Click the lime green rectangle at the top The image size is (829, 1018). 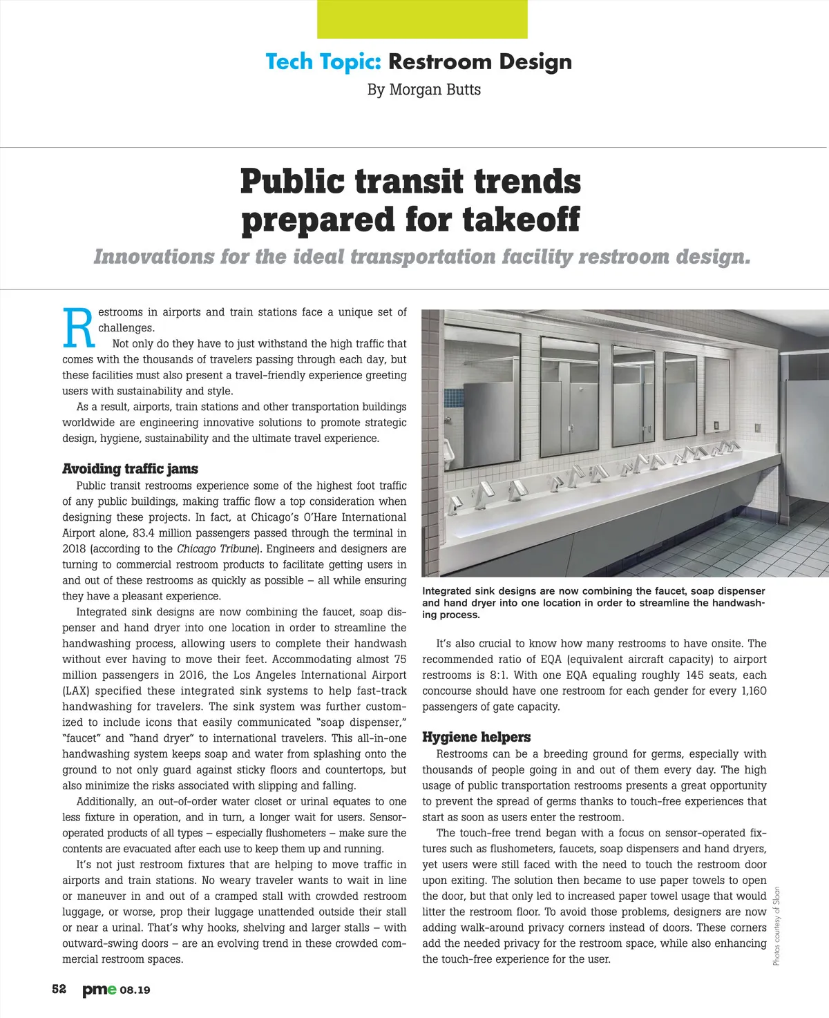pos(422,19)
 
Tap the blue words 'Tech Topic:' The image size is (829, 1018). pos(323,61)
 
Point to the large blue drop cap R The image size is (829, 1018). pos(77,328)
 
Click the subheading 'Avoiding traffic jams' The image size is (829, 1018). pos(130,469)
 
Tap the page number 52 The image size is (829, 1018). pos(59,989)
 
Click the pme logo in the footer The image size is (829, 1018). pos(99,990)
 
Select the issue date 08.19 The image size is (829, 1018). pos(135,990)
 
